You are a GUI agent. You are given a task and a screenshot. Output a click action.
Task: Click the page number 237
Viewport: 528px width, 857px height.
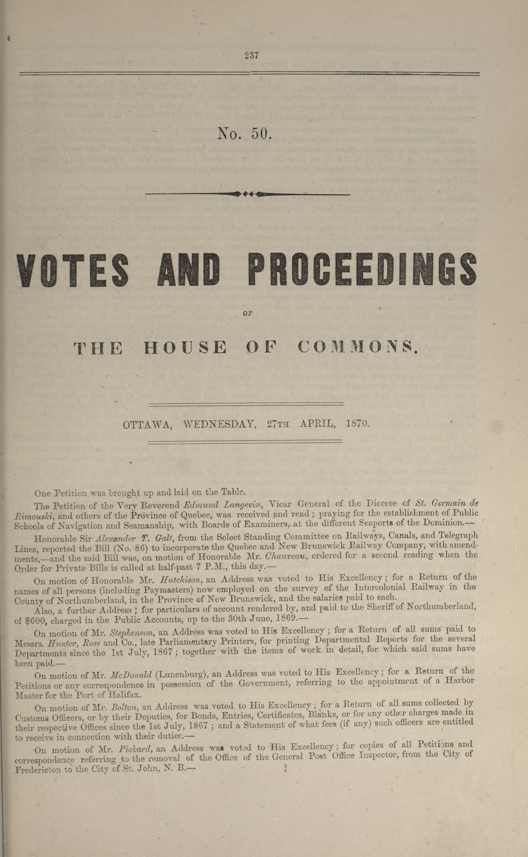pyautogui.click(x=251, y=55)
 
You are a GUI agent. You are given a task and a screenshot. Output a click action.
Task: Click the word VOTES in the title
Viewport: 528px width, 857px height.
pyautogui.click(x=73, y=269)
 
